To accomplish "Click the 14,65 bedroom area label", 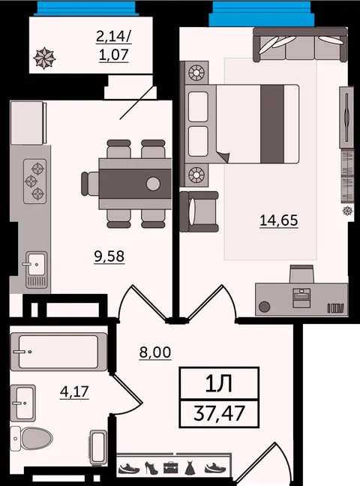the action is (279, 220).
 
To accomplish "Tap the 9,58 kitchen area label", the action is (109, 256).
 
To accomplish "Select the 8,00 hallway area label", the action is (155, 352).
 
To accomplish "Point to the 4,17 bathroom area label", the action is (74, 392).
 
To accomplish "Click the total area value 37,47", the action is (219, 413).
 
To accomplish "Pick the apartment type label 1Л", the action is (219, 384).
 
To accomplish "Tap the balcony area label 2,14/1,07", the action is (114, 46).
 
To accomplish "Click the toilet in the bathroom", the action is (31, 439).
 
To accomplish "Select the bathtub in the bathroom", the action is (58, 352).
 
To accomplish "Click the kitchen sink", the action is (36, 268).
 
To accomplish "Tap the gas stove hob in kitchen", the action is (35, 181).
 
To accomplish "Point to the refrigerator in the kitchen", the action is (28, 122).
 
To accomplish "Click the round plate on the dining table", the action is (153, 184).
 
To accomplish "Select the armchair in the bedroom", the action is (199, 211).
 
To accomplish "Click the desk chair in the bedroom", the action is (301, 274).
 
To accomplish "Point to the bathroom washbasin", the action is (22, 403).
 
